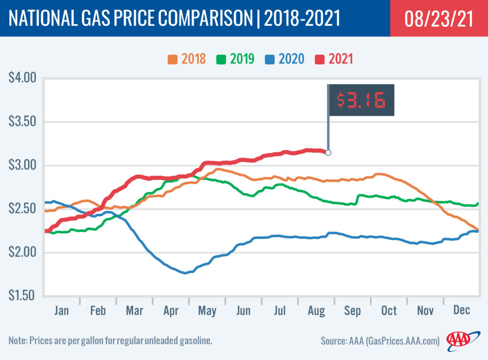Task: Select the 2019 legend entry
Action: pyautogui.click(x=235, y=60)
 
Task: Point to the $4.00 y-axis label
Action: pyautogui.click(x=23, y=77)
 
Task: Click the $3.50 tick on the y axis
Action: pyautogui.click(x=23, y=122)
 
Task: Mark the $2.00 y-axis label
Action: pyautogui.click(x=23, y=253)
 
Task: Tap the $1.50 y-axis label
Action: pyautogui.click(x=23, y=296)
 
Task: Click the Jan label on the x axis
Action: pyautogui.click(x=61, y=310)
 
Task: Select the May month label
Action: pyautogui.click(x=207, y=310)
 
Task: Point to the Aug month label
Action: pyautogui.click(x=316, y=310)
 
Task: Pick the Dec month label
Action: pyautogui.click(x=461, y=310)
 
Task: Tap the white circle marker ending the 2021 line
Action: pyautogui.click(x=328, y=153)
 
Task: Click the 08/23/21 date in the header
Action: pyautogui.click(x=438, y=19)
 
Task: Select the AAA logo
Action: pyautogui.click(x=458, y=339)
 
